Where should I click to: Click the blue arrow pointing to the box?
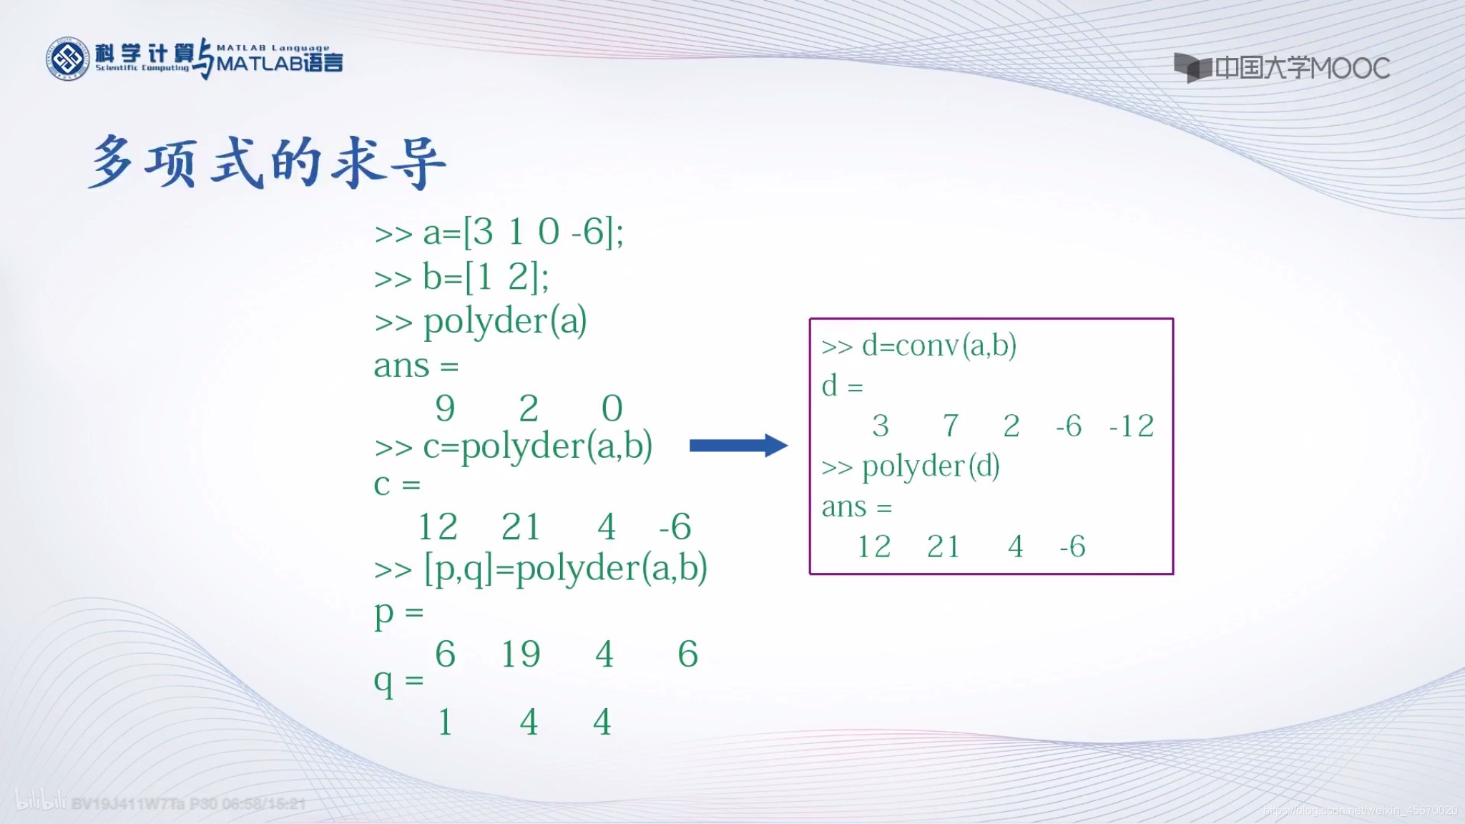tap(738, 446)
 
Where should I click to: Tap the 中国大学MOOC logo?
tap(1281, 68)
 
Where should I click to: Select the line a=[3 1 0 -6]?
tap(499, 232)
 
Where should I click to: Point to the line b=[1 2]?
tap(461, 278)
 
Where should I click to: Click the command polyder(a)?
tap(480, 321)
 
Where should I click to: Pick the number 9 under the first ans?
tap(445, 408)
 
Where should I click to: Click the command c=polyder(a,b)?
tap(513, 446)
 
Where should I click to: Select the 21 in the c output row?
tap(520, 527)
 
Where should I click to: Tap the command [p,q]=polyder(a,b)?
tap(541, 569)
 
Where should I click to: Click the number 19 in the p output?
tap(520, 654)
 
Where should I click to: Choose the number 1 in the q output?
tap(445, 722)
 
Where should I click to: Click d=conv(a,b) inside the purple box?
tap(918, 345)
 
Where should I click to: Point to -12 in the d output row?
tap(1131, 426)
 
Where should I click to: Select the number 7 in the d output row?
tap(951, 426)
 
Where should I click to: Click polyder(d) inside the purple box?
tap(910, 467)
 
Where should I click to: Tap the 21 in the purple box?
tap(943, 547)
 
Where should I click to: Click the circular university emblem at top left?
tap(67, 59)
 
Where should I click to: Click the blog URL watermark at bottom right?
tap(1360, 810)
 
